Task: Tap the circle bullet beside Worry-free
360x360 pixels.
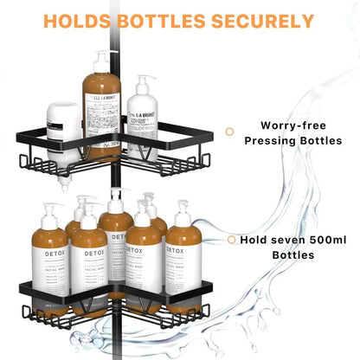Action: pyautogui.click(x=229, y=131)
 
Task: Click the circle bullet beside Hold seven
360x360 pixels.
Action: pyautogui.click(x=230, y=240)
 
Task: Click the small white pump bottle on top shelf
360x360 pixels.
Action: pyautogui.click(x=144, y=121)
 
